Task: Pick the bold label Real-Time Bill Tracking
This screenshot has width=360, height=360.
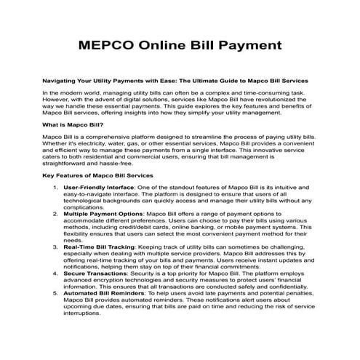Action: pos(99,248)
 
